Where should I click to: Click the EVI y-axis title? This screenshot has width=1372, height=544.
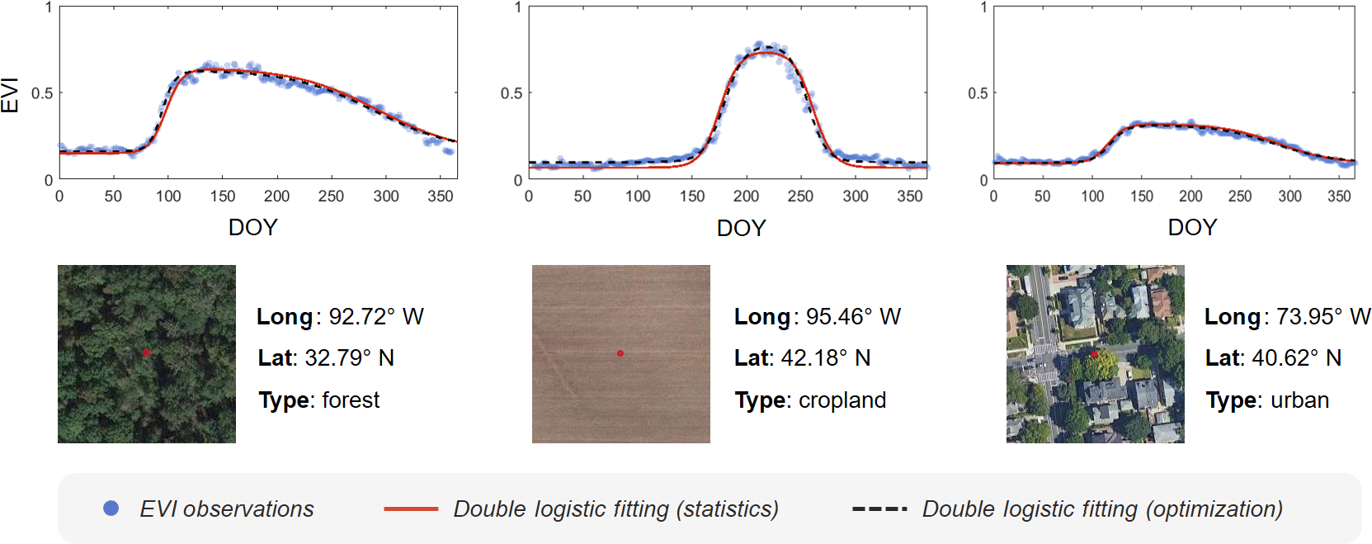(x=10, y=95)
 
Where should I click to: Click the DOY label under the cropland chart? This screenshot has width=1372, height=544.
(x=741, y=228)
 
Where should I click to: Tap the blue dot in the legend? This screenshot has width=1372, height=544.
(x=111, y=509)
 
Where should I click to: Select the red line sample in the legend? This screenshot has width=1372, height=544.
(x=411, y=509)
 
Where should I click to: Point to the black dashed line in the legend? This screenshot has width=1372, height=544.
(x=879, y=509)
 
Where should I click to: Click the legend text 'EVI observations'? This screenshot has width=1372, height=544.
(x=227, y=509)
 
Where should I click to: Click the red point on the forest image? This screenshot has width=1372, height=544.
(x=146, y=353)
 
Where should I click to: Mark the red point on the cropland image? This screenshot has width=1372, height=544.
(x=620, y=353)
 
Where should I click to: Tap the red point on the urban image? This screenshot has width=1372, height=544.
(x=1094, y=355)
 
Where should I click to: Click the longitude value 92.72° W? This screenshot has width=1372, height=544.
(x=376, y=317)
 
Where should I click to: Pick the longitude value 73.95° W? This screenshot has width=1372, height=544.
(x=1322, y=317)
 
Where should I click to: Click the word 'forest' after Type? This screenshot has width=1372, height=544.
(x=351, y=400)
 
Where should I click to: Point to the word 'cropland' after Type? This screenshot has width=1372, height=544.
(x=842, y=400)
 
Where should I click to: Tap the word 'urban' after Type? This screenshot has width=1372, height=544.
(x=1299, y=400)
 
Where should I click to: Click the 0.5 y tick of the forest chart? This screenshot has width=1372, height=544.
(x=42, y=93)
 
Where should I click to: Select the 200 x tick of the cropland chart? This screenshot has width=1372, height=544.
(x=746, y=196)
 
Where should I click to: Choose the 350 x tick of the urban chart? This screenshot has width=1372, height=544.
(x=1338, y=196)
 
